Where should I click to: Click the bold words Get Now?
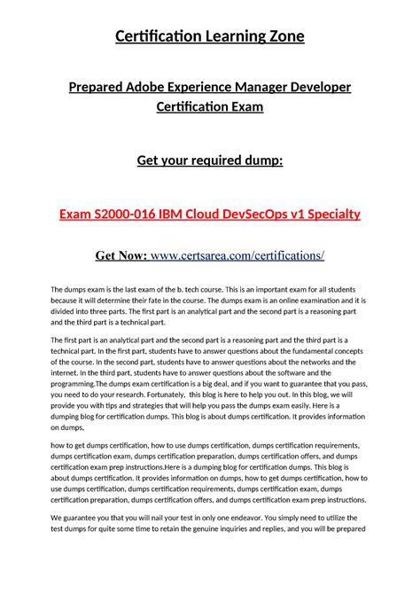(122, 255)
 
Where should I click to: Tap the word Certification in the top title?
(156, 36)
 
